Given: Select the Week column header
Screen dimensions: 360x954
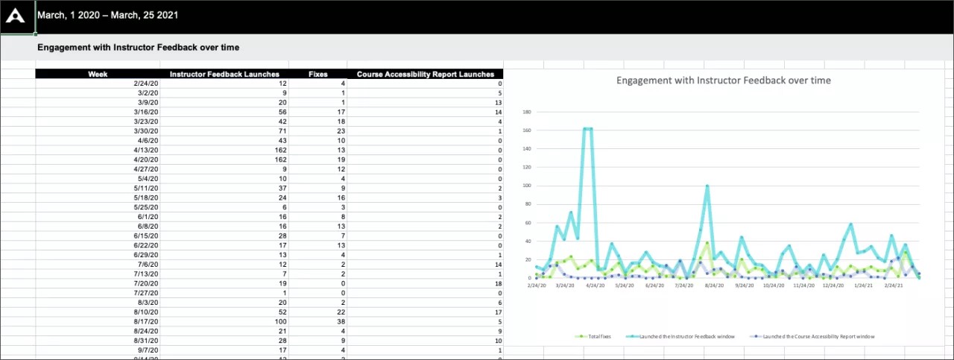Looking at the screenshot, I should [x=98, y=74].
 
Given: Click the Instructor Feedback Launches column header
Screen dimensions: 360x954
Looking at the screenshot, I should [x=224, y=74].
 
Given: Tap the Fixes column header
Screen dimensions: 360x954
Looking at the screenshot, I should [x=318, y=74].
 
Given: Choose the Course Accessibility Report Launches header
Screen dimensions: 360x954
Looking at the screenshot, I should [x=425, y=74].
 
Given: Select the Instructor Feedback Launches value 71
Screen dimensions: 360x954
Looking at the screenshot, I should [x=282, y=130].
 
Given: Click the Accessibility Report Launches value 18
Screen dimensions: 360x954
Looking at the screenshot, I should [x=498, y=284].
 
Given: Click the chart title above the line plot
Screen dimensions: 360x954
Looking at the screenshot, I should [x=723, y=80].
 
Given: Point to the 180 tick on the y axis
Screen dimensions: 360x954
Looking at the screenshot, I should [x=526, y=113].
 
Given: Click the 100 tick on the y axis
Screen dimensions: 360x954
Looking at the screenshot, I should [x=526, y=186].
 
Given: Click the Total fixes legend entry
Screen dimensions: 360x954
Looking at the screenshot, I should [x=596, y=336].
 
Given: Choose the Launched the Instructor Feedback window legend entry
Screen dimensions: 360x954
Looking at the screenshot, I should [x=681, y=336].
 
